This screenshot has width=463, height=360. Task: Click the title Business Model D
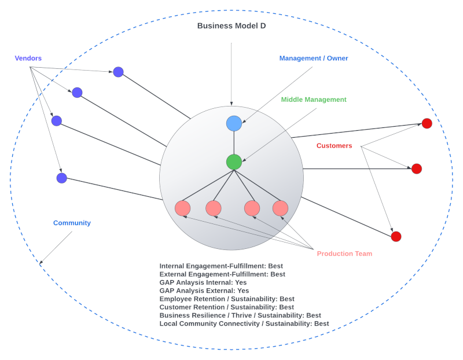[231, 25]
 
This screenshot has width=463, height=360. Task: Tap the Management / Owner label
[314, 58]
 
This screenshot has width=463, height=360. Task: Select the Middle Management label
[314, 100]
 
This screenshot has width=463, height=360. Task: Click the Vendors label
[28, 58]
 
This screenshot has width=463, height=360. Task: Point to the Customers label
[334, 146]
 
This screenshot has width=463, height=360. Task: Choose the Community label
[72, 223]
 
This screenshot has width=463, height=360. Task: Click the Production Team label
[344, 254]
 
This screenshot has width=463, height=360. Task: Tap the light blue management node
[234, 123]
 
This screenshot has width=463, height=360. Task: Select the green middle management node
[234, 162]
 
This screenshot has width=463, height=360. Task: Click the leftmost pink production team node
[182, 208]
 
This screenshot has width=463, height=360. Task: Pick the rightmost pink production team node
[280, 208]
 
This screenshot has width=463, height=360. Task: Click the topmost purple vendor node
[118, 72]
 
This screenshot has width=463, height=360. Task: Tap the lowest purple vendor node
[62, 178]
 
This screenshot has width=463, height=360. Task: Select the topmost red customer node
[427, 123]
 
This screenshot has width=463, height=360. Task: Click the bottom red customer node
[396, 236]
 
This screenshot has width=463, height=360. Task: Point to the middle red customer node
[416, 168]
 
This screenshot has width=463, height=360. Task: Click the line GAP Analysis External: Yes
[204, 291]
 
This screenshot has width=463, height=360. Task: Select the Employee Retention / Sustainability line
[227, 299]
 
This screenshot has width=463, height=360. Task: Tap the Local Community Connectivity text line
[244, 324]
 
